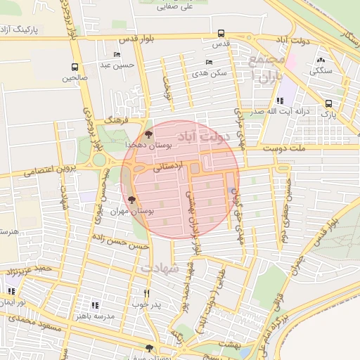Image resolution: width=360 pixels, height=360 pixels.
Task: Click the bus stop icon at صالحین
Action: [x=75, y=67]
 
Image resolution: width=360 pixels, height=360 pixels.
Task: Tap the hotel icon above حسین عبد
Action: [x=117, y=54]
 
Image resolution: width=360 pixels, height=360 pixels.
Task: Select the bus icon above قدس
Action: [x=221, y=33]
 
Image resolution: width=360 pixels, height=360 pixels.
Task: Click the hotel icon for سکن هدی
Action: [x=209, y=62]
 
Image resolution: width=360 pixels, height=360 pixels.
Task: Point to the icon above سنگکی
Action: [x=321, y=60]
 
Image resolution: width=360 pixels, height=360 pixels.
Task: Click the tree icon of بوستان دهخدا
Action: [x=148, y=134]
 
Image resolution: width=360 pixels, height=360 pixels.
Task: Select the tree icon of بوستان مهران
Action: [x=131, y=201]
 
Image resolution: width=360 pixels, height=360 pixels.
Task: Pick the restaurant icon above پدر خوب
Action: [x=147, y=293]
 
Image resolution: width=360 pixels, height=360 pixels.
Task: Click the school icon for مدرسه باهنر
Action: [x=95, y=306]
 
